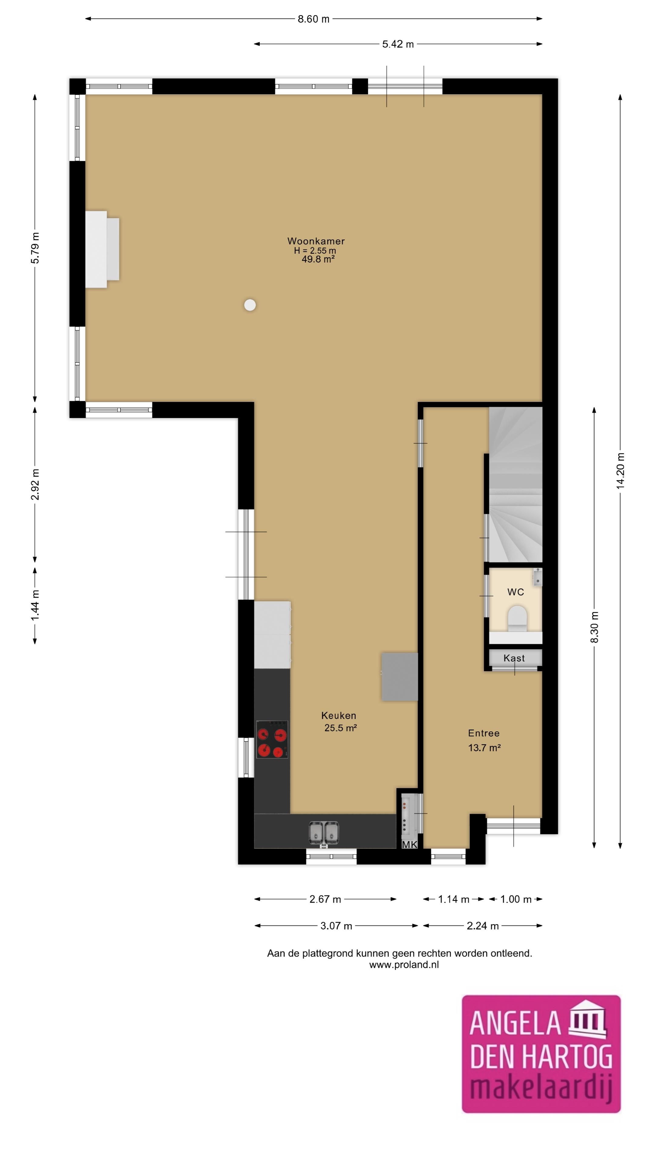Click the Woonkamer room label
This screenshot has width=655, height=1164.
click(316, 241)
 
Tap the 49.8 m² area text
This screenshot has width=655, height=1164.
click(318, 259)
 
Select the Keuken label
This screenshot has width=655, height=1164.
click(339, 715)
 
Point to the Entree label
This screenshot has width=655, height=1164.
click(484, 733)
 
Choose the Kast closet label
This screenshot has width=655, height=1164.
click(514, 658)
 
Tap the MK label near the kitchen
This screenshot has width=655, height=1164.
click(410, 844)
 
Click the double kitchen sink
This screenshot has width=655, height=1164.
click(324, 832)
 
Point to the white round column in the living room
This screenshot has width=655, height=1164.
click(250, 305)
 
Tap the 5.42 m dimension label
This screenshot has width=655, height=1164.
click(398, 44)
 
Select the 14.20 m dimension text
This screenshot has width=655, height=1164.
click(620, 470)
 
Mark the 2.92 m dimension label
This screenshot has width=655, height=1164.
click(35, 484)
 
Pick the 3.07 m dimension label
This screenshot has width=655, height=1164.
click(336, 926)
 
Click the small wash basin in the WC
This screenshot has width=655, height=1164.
click(537, 577)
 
